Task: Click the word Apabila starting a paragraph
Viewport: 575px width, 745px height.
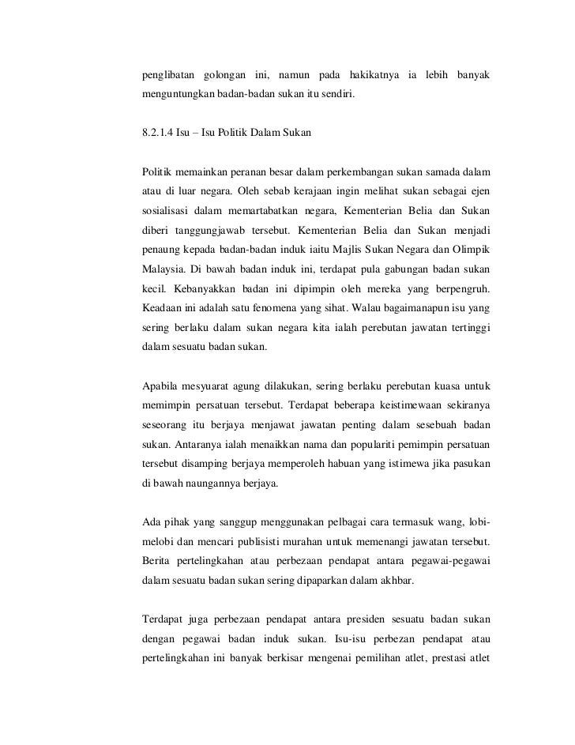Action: pos(160,386)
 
